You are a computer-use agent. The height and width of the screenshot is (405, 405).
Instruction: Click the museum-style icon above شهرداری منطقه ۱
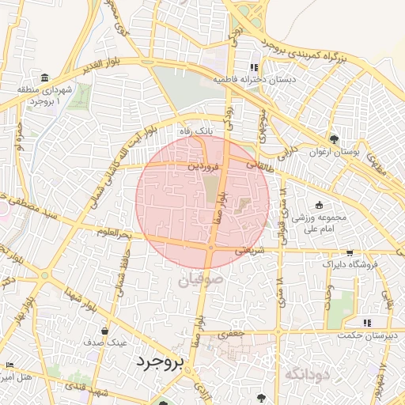(43, 78)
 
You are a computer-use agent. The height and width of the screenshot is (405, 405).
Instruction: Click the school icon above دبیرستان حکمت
(365, 323)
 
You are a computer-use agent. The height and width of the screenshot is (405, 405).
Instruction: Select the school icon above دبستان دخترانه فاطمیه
(253, 67)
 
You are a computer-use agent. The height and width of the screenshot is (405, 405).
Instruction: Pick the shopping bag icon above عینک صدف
(105, 331)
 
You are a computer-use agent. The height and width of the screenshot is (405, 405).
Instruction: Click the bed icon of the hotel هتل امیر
(9, 365)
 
